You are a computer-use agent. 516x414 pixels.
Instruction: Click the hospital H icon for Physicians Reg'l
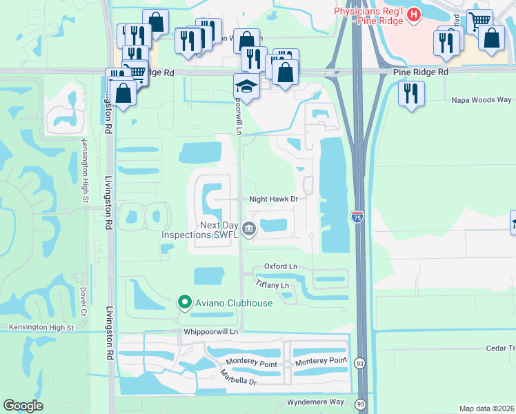413,14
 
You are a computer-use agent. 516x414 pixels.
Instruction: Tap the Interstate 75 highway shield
357,217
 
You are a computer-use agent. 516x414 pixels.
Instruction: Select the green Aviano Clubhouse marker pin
184,302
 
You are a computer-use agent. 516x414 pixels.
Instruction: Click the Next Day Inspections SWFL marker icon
249,230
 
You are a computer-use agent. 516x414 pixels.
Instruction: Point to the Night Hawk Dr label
273,199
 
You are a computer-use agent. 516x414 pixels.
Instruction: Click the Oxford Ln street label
281,266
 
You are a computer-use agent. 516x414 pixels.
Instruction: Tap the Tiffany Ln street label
272,284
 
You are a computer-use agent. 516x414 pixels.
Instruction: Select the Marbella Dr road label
238,378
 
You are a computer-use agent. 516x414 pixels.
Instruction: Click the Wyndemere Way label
315,402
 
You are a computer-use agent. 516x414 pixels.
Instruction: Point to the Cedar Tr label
500,349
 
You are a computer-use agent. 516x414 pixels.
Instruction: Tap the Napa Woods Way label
481,100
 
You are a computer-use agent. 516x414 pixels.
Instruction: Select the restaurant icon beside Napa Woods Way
412,93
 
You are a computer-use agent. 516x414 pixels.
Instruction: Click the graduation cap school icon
246,86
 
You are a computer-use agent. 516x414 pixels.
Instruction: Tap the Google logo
23,406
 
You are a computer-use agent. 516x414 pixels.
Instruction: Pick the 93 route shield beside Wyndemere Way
360,404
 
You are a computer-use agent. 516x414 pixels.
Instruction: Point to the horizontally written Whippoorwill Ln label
210,332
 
